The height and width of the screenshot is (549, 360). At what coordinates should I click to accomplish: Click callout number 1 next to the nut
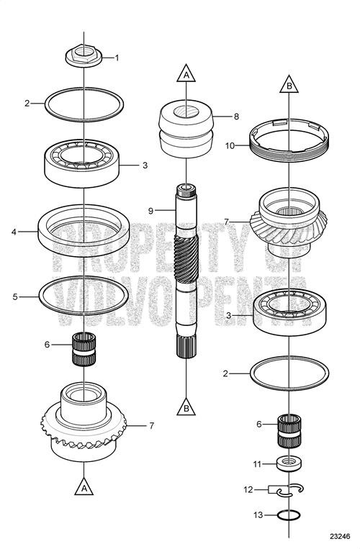pos(117,57)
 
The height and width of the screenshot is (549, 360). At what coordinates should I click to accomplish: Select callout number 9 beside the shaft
pos(152,210)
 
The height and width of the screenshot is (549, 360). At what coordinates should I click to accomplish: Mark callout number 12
pos(247,490)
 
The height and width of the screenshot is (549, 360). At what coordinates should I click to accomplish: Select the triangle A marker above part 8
pos(186,74)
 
